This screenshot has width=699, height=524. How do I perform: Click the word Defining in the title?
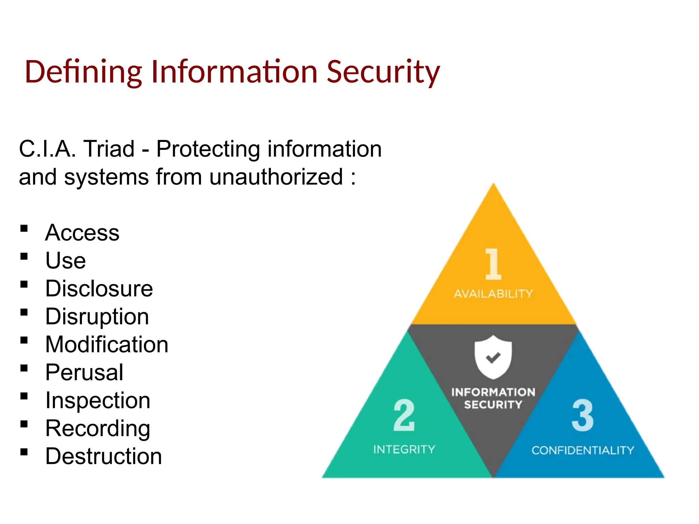(x=83, y=72)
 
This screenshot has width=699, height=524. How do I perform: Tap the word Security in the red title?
(x=383, y=72)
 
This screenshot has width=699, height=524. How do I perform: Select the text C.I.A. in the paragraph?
(x=47, y=149)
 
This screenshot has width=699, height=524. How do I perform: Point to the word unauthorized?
(x=276, y=177)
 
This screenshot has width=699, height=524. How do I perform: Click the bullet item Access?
(x=82, y=233)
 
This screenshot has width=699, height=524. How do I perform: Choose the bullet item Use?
(x=66, y=261)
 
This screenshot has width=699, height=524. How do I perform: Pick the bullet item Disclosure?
(x=99, y=289)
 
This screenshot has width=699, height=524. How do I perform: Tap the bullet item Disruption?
(x=97, y=317)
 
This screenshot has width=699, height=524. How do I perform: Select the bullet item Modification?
(x=107, y=345)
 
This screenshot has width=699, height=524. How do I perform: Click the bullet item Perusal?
(x=84, y=373)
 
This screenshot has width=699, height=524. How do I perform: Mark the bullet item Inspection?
(x=98, y=401)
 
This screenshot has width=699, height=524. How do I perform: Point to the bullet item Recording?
(x=98, y=428)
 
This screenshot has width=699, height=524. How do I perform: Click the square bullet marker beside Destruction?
(x=24, y=452)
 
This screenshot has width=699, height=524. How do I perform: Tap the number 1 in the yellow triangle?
(x=493, y=264)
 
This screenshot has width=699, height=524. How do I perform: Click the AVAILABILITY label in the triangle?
(x=493, y=294)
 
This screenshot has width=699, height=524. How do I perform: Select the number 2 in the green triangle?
(x=404, y=415)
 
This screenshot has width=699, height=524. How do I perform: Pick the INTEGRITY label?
(x=404, y=450)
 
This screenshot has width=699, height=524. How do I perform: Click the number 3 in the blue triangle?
(x=582, y=415)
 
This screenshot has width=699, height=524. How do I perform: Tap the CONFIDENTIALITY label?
(x=582, y=450)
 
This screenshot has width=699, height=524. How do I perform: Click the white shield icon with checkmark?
(x=493, y=357)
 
